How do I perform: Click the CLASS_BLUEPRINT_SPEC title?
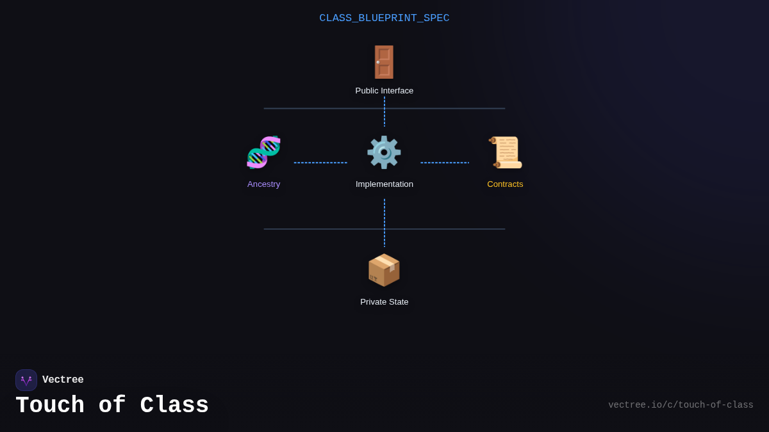click(384, 18)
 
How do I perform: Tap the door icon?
click(384, 62)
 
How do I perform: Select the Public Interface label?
click(384, 91)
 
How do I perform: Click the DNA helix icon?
click(263, 152)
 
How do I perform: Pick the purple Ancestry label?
click(263, 184)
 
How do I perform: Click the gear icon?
click(384, 152)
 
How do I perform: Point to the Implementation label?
click(384, 184)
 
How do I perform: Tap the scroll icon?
click(505, 152)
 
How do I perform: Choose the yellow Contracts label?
click(505, 184)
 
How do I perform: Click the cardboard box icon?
click(384, 270)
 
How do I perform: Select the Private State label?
click(384, 302)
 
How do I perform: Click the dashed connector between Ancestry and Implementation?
click(320, 163)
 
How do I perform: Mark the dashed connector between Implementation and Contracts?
click(445, 163)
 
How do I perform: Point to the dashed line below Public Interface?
click(384, 112)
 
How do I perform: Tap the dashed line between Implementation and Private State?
click(384, 222)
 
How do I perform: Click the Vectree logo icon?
click(26, 380)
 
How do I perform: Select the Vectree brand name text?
click(63, 380)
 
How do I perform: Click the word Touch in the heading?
click(50, 406)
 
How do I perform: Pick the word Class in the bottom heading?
click(174, 406)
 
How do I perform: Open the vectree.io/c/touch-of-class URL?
click(681, 405)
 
